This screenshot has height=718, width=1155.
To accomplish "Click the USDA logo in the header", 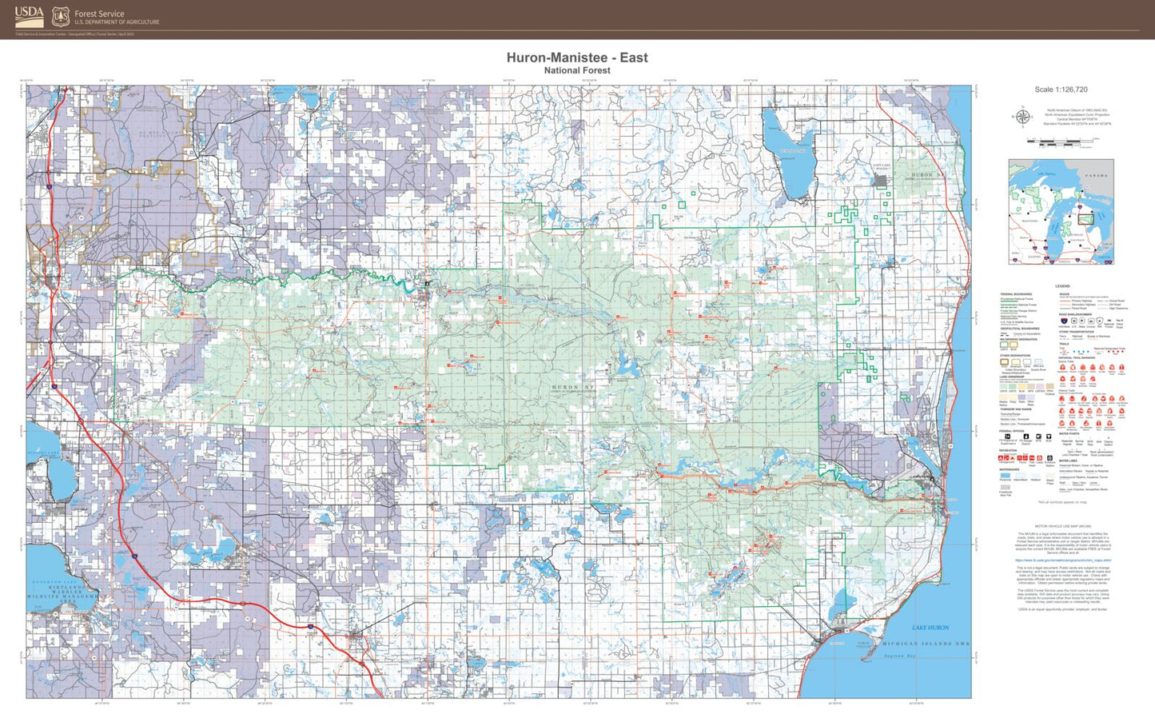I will (29, 16).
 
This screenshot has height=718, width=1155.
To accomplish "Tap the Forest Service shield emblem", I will (61, 17).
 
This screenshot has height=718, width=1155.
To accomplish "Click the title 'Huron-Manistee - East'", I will (577, 58).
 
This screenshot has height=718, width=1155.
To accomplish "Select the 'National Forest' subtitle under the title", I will (577, 70).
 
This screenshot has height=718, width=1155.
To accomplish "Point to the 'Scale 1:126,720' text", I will (1061, 90).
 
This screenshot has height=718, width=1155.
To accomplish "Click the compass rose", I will (1022, 118).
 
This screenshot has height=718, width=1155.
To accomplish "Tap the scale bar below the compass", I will (1059, 142).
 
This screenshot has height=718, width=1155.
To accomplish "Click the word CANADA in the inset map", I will (1096, 175).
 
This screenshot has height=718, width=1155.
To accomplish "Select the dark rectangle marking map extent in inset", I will (1085, 217).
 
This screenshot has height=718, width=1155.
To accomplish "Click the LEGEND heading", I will (1061, 286).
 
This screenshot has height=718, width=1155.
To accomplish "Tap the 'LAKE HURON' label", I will (930, 628).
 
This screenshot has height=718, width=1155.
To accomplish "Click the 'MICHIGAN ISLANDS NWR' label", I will (925, 644).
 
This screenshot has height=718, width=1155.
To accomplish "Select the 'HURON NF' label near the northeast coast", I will (922, 175).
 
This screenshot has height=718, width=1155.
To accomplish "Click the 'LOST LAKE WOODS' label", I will (880, 167).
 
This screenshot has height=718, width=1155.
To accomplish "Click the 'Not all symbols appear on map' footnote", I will (1062, 502).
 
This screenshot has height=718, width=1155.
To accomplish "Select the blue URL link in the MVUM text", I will (1062, 560).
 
